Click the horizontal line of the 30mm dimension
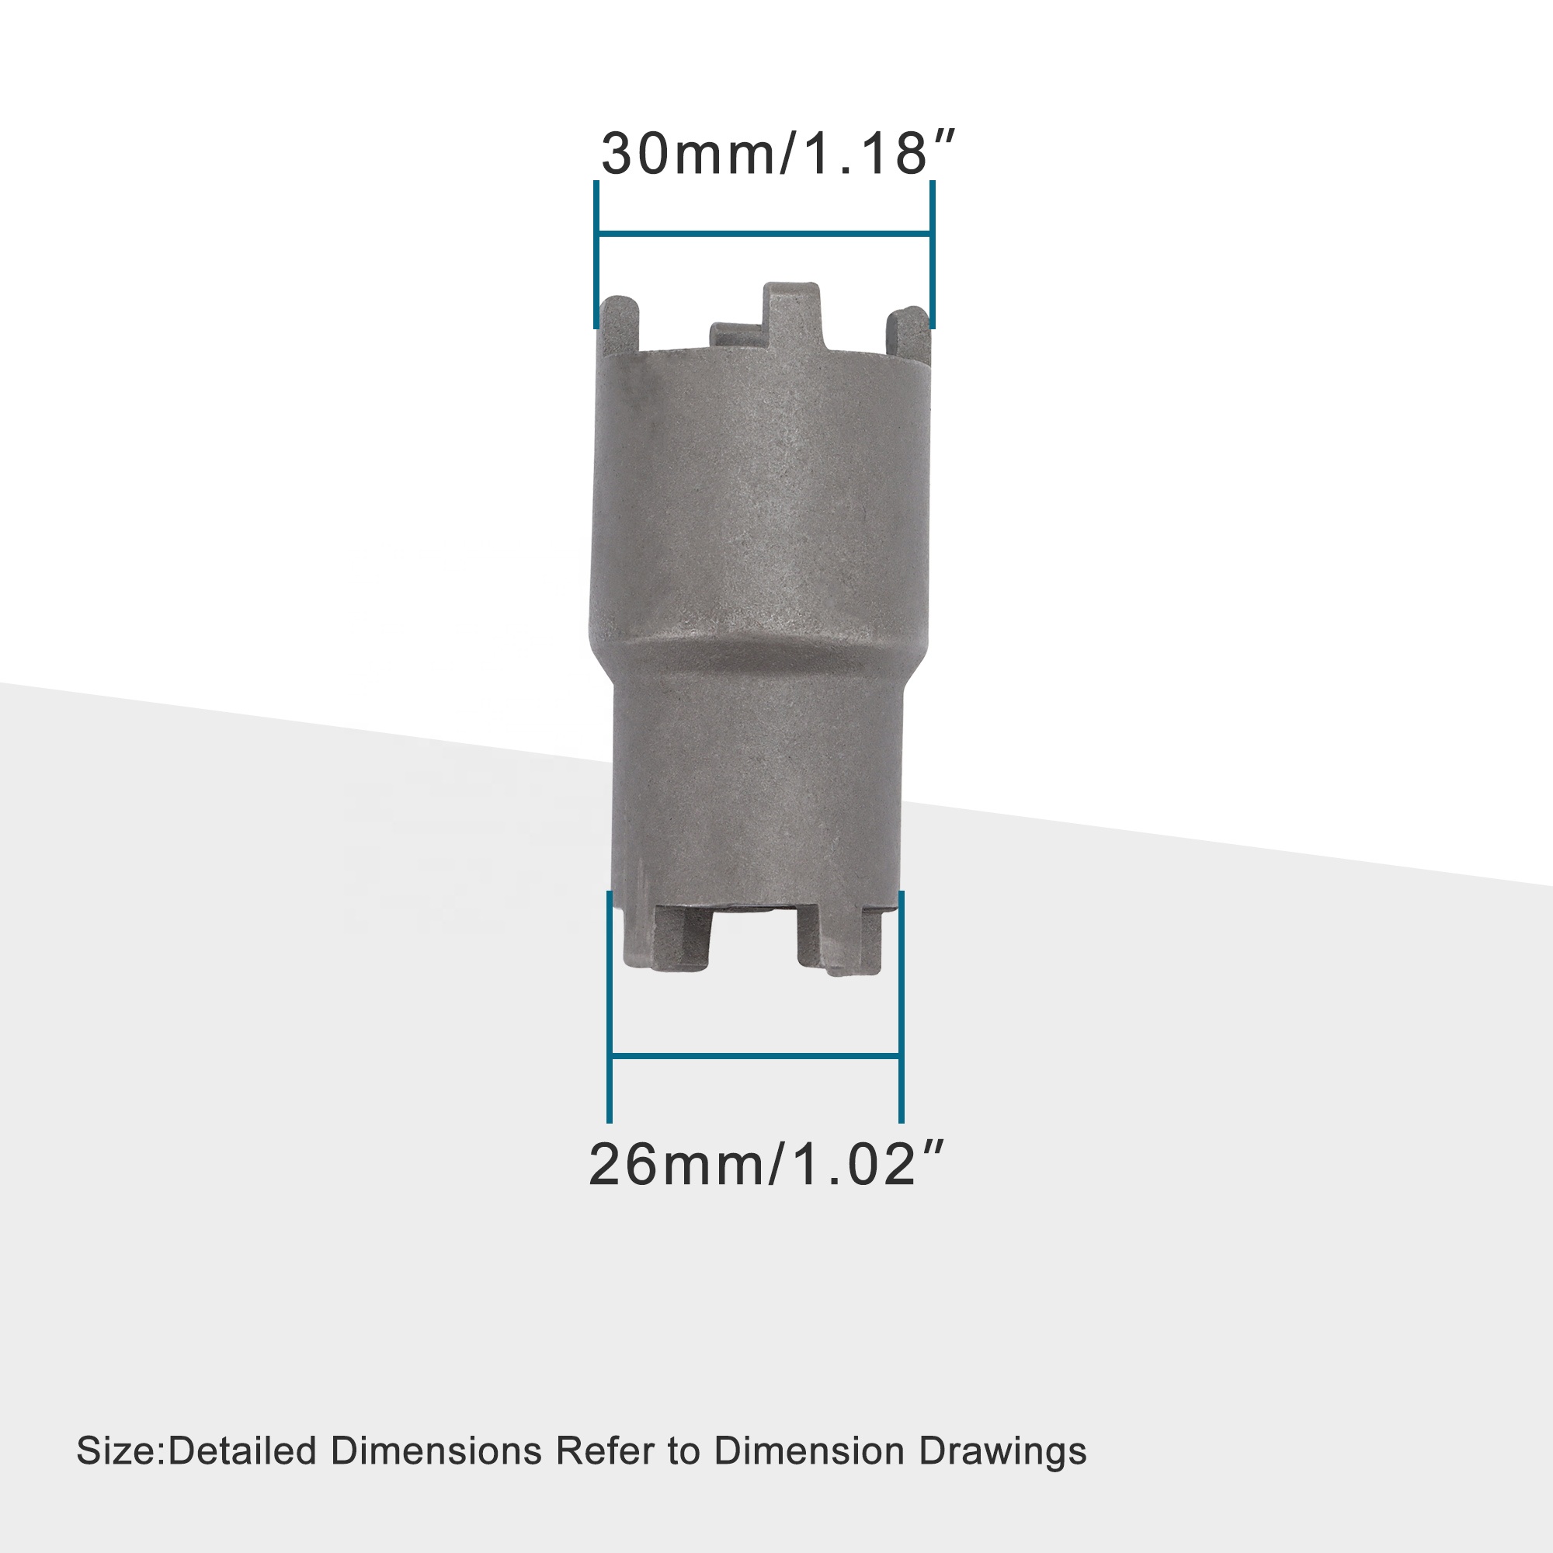[x=763, y=235]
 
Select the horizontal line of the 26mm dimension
[x=755, y=1055]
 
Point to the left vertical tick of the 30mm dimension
[x=596, y=254]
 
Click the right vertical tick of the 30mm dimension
[x=932, y=254]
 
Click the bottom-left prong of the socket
[x=683, y=936]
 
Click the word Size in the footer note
[x=119, y=1452]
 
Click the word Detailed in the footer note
[x=243, y=1452]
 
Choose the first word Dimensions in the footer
[x=436, y=1452]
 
